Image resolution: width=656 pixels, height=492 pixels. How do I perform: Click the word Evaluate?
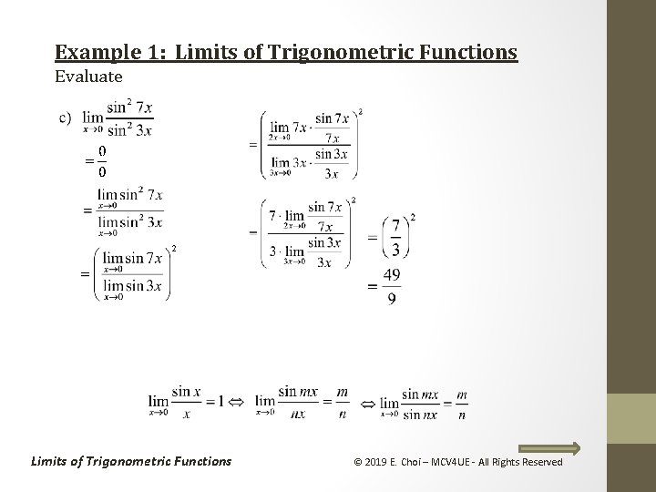[88, 77]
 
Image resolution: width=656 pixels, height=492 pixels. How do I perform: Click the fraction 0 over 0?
[101, 160]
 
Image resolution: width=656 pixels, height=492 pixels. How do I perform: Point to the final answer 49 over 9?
[391, 286]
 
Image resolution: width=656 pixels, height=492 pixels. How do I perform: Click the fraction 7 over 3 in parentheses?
[395, 237]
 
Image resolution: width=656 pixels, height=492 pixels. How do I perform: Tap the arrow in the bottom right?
[549, 447]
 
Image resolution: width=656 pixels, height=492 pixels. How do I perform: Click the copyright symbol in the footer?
[357, 462]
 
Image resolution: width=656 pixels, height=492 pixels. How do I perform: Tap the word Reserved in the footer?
[540, 462]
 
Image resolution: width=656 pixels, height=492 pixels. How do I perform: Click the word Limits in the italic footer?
[53, 461]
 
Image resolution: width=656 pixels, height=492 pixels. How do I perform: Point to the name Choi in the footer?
[416, 462]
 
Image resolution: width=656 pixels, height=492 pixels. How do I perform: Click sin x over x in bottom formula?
[186, 400]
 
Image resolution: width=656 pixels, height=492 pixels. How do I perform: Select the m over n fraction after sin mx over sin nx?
[462, 403]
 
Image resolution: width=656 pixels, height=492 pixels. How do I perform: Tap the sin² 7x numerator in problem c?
[130, 108]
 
